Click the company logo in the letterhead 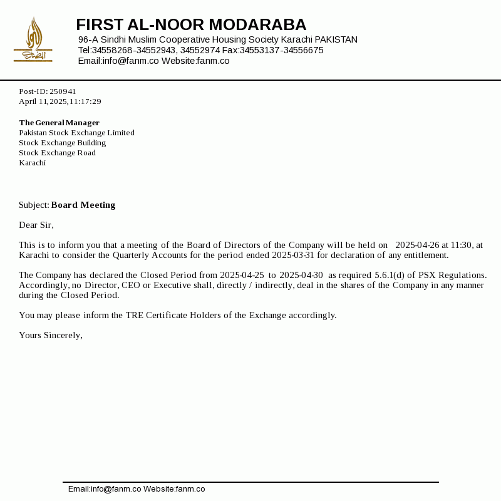click(x=33, y=40)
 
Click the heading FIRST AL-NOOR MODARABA click(x=191, y=25)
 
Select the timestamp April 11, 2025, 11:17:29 click(x=60, y=101)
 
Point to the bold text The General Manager click(x=59, y=123)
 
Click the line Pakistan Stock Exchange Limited click(x=76, y=133)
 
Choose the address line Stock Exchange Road click(x=57, y=153)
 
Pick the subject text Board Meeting click(x=83, y=205)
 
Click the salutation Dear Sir click(x=36, y=225)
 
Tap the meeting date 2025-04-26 click(x=417, y=245)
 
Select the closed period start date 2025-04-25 click(x=242, y=275)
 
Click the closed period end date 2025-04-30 click(x=301, y=275)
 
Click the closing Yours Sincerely click(x=51, y=335)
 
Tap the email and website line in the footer click(x=137, y=489)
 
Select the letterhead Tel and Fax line click(x=200, y=50)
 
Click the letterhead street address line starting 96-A click(x=217, y=39)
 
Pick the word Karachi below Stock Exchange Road click(x=32, y=163)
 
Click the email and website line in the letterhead click(x=153, y=61)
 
